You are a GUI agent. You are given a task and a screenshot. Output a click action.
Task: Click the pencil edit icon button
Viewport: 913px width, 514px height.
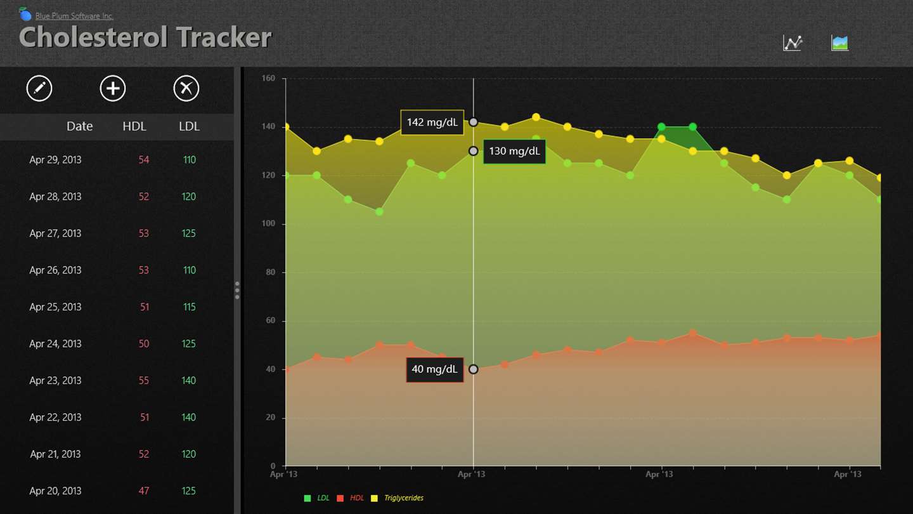click(39, 88)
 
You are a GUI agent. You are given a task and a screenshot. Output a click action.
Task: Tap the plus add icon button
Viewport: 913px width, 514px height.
click(113, 88)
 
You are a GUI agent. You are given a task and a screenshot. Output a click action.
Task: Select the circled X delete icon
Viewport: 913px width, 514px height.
click(186, 88)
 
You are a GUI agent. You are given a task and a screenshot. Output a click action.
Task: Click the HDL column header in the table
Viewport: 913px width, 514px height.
click(134, 126)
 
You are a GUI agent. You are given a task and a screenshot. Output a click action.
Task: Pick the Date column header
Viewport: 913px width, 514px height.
click(80, 126)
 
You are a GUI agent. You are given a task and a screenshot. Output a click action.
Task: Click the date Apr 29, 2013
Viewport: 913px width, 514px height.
click(55, 160)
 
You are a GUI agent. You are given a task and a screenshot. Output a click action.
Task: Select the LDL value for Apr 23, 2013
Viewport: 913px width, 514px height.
click(188, 381)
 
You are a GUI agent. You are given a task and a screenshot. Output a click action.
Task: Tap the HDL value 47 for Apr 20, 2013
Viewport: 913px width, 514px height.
click(144, 491)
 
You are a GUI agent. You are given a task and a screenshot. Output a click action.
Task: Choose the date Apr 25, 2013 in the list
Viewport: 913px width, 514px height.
click(55, 307)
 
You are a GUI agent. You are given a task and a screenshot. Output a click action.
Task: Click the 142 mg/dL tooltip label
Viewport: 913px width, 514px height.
click(432, 122)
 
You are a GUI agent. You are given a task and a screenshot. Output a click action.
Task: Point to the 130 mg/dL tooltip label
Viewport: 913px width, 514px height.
click(514, 152)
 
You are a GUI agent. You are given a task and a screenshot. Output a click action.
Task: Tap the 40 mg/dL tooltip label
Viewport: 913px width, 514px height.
click(434, 369)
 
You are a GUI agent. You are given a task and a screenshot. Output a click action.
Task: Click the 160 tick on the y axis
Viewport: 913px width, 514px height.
click(268, 79)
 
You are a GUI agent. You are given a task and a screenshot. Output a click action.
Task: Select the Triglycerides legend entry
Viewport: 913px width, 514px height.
click(403, 498)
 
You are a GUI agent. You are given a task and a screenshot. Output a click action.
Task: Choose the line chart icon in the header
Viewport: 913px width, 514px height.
click(793, 43)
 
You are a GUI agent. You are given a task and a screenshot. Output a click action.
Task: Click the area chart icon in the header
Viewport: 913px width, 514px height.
click(839, 43)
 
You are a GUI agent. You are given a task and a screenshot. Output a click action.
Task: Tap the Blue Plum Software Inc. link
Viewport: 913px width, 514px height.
click(74, 16)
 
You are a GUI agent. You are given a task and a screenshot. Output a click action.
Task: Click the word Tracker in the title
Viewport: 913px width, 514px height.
click(223, 37)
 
